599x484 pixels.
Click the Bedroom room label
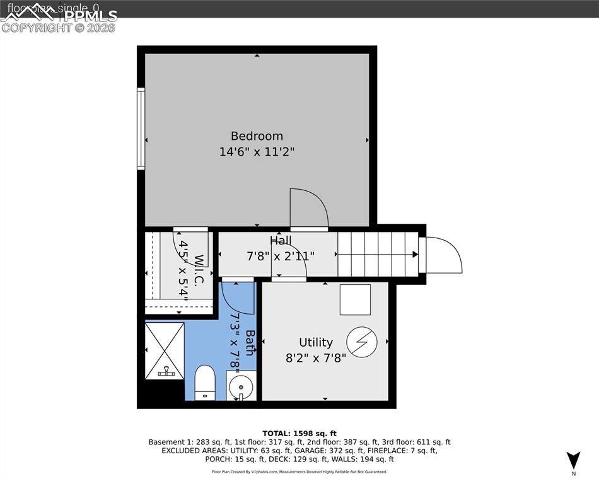(x=257, y=135)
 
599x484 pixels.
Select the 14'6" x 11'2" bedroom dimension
(x=257, y=152)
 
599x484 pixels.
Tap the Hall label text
(x=281, y=240)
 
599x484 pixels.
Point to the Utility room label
(x=315, y=342)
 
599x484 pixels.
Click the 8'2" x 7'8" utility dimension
(x=315, y=358)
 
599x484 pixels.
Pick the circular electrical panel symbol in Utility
(x=362, y=342)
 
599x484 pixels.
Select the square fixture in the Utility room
(x=355, y=299)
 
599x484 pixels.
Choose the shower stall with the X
(x=165, y=351)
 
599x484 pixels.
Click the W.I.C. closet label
(x=199, y=271)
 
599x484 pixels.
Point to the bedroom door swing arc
(x=309, y=207)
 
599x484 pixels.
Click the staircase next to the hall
(x=377, y=255)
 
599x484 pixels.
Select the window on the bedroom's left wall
(x=141, y=129)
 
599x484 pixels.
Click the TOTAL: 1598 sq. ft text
(x=299, y=434)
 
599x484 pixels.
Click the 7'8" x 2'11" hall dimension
(x=281, y=256)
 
